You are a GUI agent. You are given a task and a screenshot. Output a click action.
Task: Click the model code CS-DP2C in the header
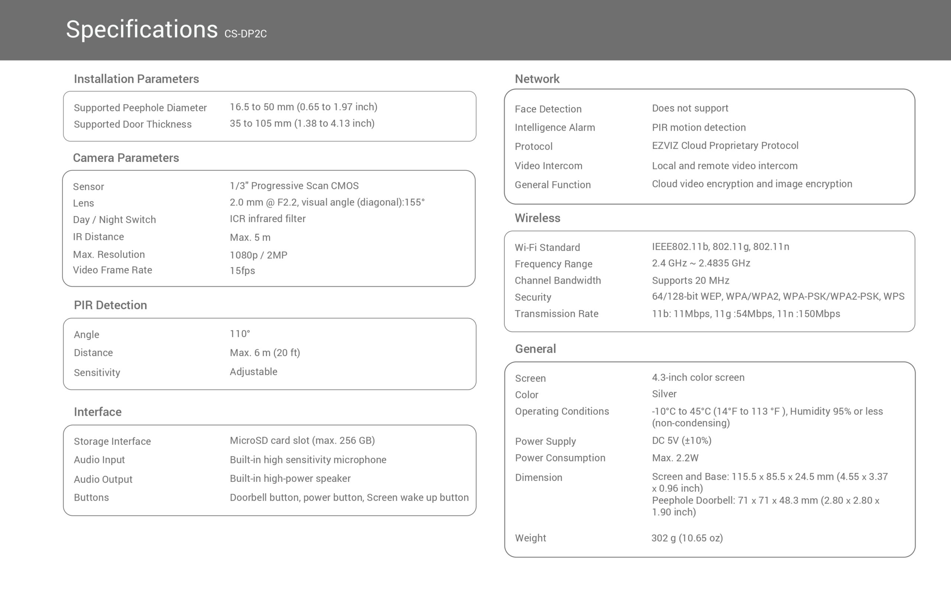pos(245,34)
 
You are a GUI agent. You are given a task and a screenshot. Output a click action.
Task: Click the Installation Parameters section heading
pos(136,79)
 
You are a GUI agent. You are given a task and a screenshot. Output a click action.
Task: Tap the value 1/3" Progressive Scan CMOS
pos(294,186)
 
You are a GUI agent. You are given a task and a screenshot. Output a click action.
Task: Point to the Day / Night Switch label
pos(114,220)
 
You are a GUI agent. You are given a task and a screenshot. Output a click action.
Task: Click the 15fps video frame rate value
pos(242,271)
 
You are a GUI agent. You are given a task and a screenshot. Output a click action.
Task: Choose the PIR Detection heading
pos(110,305)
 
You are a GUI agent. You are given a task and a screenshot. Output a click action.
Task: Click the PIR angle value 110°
pos(240,334)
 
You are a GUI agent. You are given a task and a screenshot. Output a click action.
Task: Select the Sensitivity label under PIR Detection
pos(97,372)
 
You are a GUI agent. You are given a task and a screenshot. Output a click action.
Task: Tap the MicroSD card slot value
pos(302,440)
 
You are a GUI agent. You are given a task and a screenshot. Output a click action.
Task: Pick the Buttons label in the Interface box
pos(91,497)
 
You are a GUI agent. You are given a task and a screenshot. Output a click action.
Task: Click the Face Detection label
pos(548,109)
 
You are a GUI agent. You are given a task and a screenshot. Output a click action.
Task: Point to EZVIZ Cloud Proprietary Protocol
pos(725,146)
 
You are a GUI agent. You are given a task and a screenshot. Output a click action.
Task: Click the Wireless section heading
pos(537,218)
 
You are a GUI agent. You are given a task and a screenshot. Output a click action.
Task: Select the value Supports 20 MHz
pos(691,281)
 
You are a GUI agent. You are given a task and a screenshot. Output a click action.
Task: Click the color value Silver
pos(664,394)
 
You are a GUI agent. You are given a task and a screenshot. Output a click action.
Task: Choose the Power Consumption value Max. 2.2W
pos(675,458)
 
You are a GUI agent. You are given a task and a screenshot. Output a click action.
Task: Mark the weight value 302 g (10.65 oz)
pos(687,538)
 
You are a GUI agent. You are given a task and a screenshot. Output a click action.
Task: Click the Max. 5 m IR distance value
pos(250,238)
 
